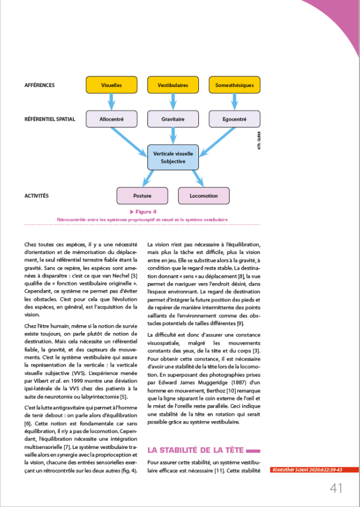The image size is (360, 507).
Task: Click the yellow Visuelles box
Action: (x=111, y=85)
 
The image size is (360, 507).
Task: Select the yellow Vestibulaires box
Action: (x=173, y=85)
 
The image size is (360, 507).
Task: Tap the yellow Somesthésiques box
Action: (x=234, y=85)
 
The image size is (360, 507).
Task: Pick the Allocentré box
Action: (x=111, y=119)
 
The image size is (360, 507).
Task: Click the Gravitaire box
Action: (x=173, y=119)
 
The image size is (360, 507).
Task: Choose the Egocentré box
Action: (x=234, y=119)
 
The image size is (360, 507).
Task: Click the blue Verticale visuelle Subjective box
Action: (x=173, y=157)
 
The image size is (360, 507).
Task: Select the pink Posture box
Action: (x=142, y=195)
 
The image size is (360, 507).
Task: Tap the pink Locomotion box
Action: (x=204, y=195)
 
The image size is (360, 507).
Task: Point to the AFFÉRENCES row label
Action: (x=40, y=85)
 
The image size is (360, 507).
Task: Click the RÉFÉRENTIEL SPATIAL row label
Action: (x=50, y=119)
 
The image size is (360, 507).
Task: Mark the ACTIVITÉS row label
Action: (x=37, y=195)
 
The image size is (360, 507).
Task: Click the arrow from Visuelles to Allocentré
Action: (x=111, y=102)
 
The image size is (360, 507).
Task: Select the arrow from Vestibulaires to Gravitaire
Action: (x=173, y=102)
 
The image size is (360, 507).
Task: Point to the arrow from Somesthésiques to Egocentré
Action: (x=234, y=102)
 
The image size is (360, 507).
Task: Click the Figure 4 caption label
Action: (x=143, y=211)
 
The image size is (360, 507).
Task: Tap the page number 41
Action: (x=337, y=488)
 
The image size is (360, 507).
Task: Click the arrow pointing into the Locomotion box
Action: (x=198, y=178)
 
